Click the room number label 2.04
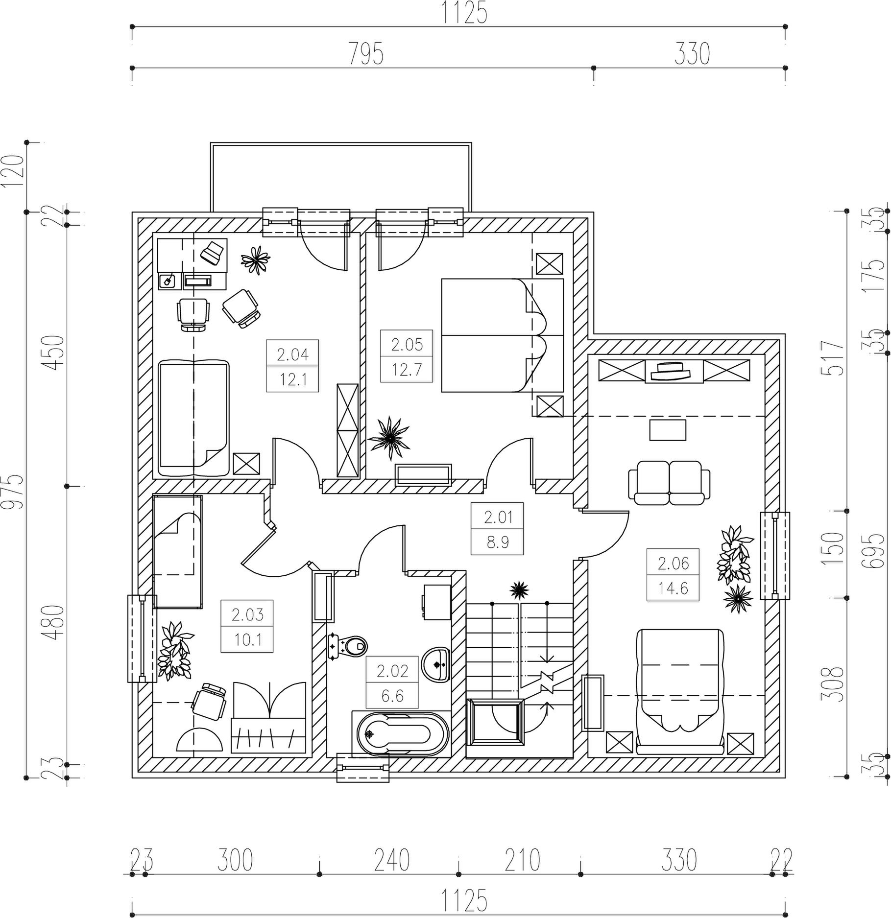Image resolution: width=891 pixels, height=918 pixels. point(293,354)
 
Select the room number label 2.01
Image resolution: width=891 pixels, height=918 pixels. point(498,517)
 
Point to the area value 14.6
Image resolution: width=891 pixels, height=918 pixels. point(673,588)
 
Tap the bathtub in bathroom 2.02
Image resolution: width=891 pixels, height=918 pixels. point(400,734)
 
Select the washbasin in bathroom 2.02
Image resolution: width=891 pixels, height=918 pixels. point(435,664)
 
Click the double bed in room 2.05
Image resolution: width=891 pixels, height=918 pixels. point(503,335)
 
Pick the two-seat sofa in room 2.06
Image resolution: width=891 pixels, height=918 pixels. point(670,482)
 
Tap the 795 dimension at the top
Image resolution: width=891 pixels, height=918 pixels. point(366,53)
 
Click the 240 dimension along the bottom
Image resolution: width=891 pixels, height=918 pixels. point(392,860)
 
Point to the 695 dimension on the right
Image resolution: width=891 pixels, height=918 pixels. point(875,550)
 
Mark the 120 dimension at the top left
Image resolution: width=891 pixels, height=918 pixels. point(13,171)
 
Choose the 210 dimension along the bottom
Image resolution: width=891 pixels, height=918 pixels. point(522,860)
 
